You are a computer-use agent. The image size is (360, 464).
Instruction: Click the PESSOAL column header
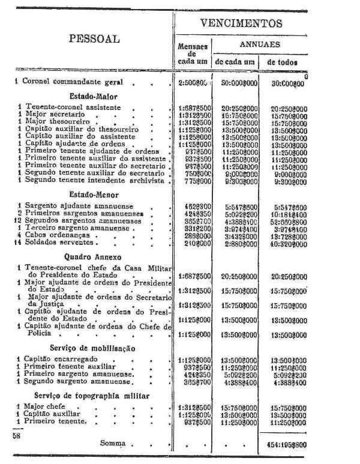click(x=94, y=39)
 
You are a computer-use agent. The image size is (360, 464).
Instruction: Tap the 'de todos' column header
click(x=282, y=61)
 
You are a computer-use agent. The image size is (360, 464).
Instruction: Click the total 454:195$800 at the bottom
click(x=285, y=445)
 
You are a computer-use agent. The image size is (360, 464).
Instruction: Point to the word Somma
click(x=113, y=443)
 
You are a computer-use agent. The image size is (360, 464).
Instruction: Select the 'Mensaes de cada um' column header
click(x=193, y=53)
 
